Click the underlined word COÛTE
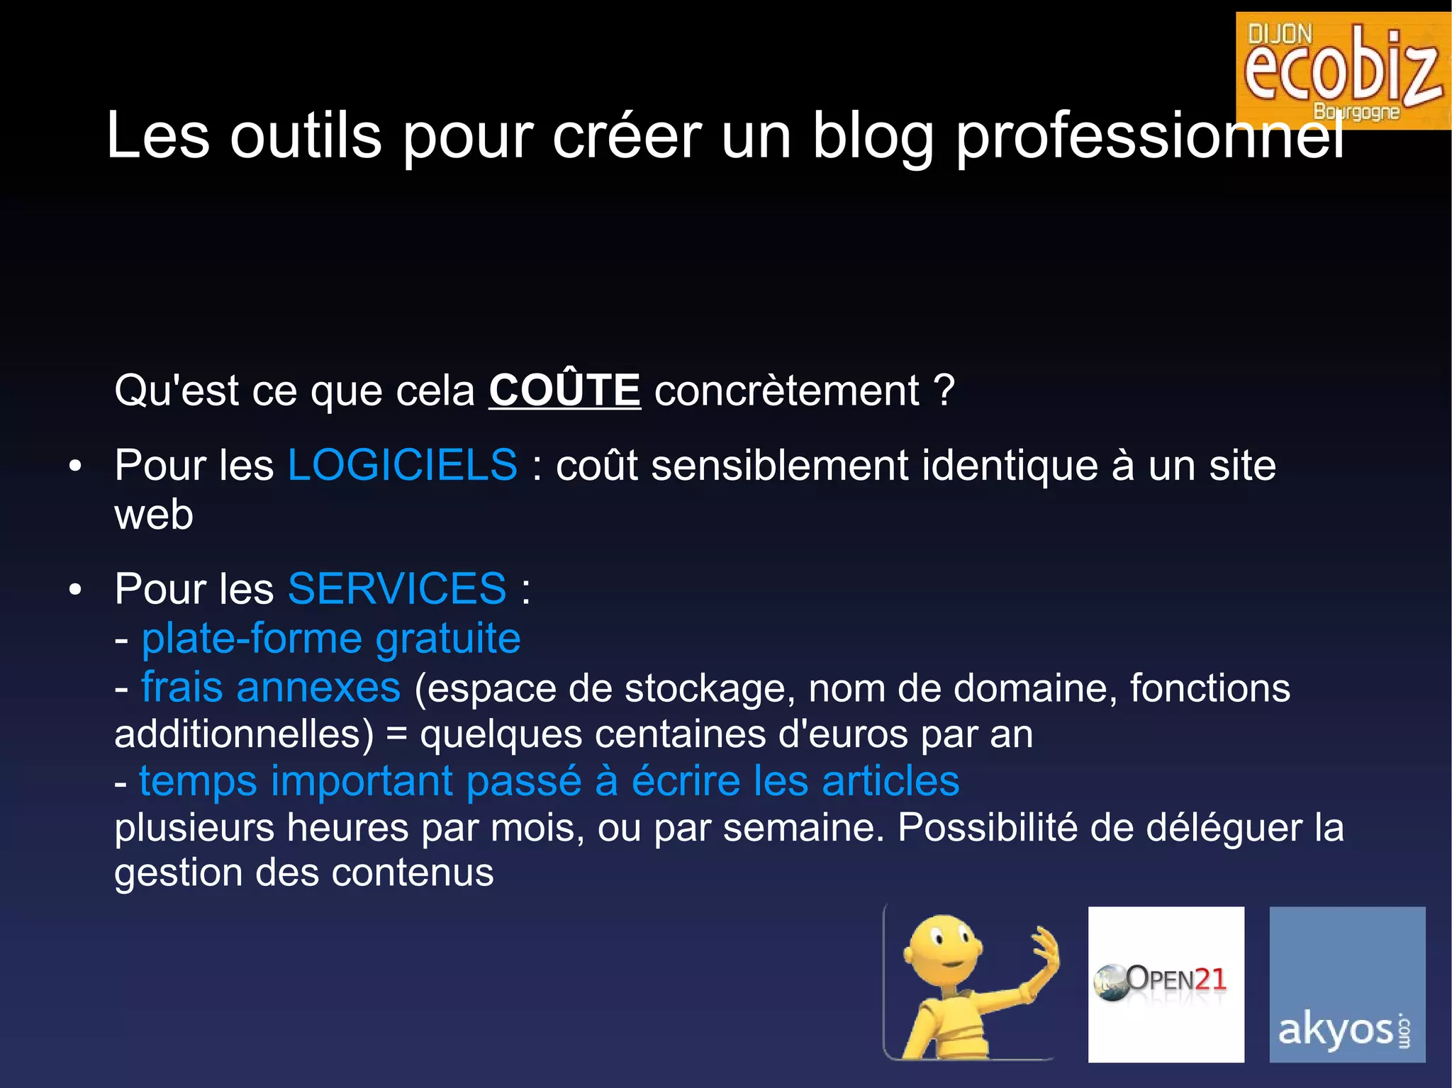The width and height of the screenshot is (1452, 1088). pyautogui.click(x=564, y=391)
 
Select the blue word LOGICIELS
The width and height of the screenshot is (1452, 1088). pyautogui.click(x=402, y=466)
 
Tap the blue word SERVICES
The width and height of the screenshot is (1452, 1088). pyautogui.click(x=397, y=589)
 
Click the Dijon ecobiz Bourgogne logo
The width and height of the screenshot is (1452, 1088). pyautogui.click(x=1343, y=71)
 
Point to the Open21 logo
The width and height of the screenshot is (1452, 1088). pyautogui.click(x=1166, y=984)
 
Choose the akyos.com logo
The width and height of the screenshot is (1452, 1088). pyautogui.click(x=1346, y=984)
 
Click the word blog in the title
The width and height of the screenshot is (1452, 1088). pyautogui.click(x=873, y=136)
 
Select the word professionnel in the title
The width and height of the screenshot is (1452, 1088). pyautogui.click(x=1149, y=136)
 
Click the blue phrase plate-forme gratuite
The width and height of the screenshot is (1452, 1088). pyautogui.click(x=331, y=639)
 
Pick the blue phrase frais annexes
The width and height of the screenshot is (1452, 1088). pyautogui.click(x=271, y=688)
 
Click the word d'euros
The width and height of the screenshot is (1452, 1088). pyautogui.click(x=843, y=734)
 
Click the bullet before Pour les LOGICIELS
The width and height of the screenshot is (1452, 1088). pyautogui.click(x=75, y=467)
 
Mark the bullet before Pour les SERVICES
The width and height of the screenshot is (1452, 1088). pyautogui.click(x=75, y=590)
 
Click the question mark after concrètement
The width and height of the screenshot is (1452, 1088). pyautogui.click(x=944, y=391)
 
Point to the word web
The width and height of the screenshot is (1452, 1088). pyautogui.click(x=154, y=515)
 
